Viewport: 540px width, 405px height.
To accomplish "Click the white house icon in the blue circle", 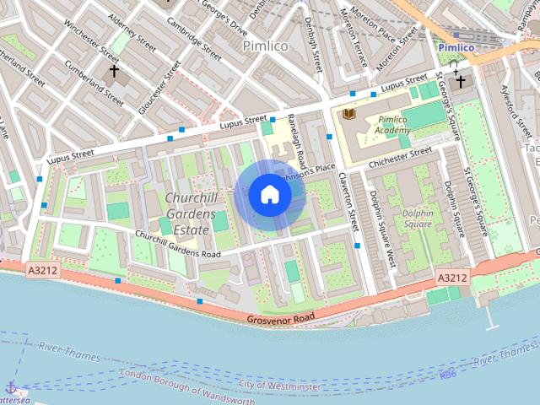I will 270,195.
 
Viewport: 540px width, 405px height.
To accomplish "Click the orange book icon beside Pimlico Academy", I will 349,114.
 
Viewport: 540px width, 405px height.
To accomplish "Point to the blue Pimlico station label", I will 456,48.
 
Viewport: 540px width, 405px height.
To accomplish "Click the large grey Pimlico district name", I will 266,46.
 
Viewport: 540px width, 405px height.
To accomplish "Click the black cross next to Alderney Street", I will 115,72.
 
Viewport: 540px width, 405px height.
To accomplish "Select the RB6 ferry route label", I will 447,374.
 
